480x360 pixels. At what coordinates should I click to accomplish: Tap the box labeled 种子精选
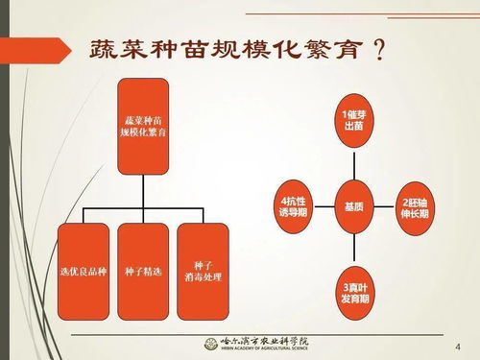143,271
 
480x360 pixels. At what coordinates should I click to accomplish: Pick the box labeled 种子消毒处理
203,271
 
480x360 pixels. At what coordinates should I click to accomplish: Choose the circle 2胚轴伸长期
418,205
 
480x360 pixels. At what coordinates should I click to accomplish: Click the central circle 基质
354,205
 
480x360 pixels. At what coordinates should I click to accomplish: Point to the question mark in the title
380,49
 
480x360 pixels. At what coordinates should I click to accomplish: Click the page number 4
456,346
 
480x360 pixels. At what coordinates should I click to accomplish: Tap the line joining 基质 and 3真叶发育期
354,247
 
